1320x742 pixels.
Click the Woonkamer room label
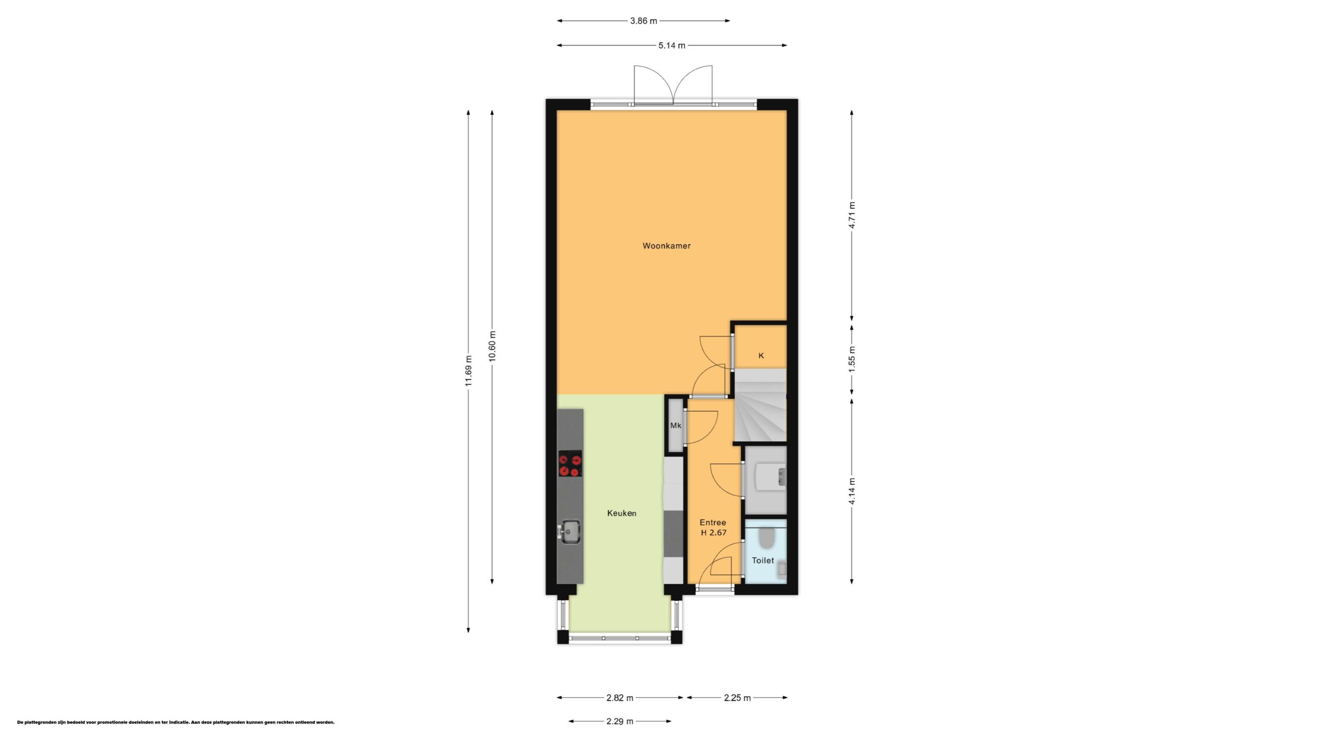(666, 246)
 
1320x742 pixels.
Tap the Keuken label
(621, 513)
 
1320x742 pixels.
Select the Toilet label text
(763, 561)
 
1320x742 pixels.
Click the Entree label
(713, 522)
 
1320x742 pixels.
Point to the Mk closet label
(675, 426)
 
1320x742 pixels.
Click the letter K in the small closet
(761, 356)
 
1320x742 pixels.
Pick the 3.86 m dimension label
(643, 21)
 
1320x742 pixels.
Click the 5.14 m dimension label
(672, 46)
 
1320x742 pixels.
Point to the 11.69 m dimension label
(468, 371)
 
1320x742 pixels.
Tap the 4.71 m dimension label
(852, 215)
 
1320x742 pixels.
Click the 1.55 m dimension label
(852, 357)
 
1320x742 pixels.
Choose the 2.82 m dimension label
(620, 698)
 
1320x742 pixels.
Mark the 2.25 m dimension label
(737, 698)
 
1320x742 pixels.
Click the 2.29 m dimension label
(620, 721)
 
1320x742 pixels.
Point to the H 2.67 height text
(714, 533)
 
